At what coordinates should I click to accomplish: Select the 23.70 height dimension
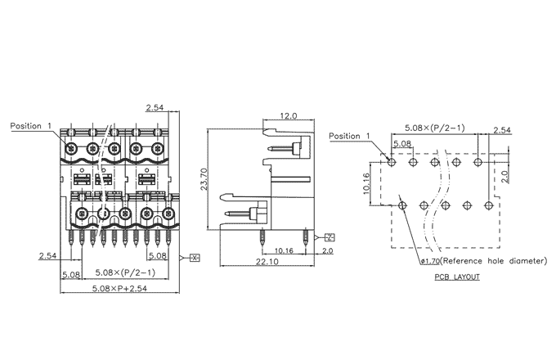click(x=204, y=178)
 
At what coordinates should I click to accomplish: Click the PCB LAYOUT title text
click(x=457, y=277)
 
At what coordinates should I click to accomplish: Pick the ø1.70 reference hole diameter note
click(x=482, y=262)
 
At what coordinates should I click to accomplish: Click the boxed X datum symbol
click(x=195, y=257)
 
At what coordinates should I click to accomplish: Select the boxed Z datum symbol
click(x=329, y=237)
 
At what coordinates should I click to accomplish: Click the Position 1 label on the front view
click(x=31, y=126)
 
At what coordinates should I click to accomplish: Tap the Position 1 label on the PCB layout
click(x=349, y=136)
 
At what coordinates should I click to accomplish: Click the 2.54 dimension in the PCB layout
click(x=501, y=131)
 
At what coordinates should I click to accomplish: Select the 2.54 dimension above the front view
click(x=154, y=109)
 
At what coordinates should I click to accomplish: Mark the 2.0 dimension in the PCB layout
click(x=506, y=174)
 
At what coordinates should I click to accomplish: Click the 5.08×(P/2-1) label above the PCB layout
click(x=434, y=128)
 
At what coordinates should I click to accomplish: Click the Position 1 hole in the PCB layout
click(x=392, y=162)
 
